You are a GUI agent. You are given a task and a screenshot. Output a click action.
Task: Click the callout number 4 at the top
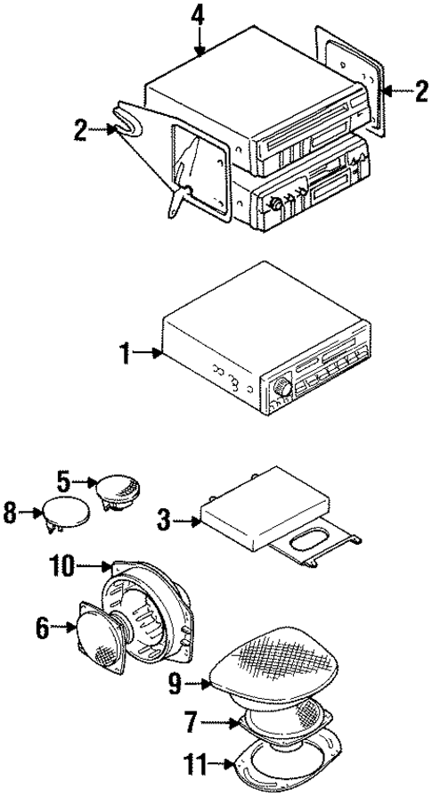(199, 15)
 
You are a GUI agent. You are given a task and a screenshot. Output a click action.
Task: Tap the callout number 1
(130, 354)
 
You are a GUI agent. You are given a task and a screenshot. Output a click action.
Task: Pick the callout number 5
(64, 481)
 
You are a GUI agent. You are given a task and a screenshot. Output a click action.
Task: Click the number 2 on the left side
(81, 133)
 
